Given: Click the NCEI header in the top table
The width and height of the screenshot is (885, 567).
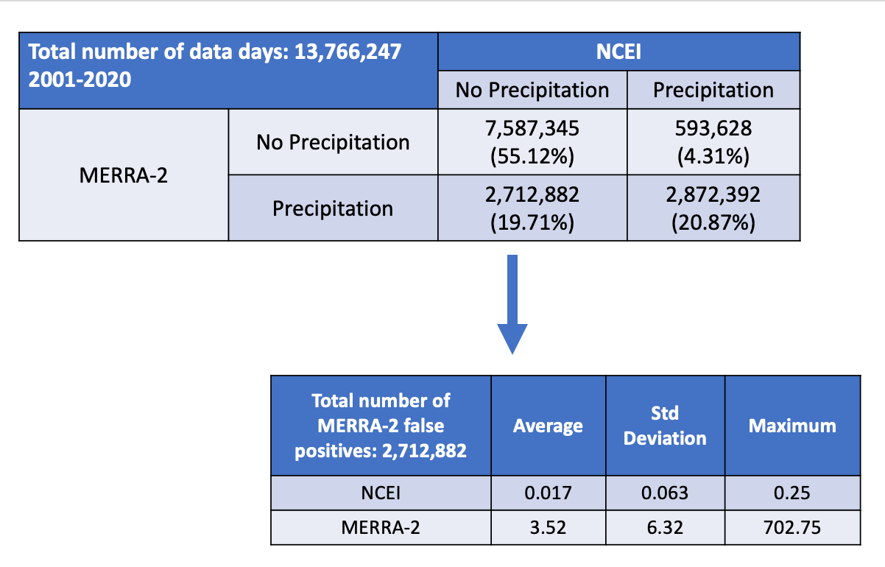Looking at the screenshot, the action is pos(618,52).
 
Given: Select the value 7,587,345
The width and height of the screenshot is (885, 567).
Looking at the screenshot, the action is pos(532,128).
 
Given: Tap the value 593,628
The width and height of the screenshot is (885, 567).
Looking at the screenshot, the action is pos(713,128).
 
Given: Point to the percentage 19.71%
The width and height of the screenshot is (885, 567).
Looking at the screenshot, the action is pos(532,222).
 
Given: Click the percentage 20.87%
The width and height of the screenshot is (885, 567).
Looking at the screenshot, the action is pos(713,222).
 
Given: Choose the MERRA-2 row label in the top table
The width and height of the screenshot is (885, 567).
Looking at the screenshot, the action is pos(123,175).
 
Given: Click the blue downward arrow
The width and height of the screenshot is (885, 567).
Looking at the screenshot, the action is pos(512,304).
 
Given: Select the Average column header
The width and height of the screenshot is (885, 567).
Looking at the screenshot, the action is pos(548,426).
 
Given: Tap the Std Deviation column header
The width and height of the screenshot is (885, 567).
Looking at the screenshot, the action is pos(665,426).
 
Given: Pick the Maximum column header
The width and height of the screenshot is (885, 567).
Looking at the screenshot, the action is pos(792,426).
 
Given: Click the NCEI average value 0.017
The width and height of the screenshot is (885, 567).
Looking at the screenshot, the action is pos(548,493).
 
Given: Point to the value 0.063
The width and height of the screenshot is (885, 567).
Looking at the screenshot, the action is pos(665,493).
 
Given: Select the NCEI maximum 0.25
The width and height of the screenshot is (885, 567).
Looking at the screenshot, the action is pos(791,493).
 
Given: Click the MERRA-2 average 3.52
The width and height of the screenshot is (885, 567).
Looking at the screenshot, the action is pos(548,527).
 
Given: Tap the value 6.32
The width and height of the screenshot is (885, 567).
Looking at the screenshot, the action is pos(665,527).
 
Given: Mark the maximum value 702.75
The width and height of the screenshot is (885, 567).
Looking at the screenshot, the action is pos(791,527).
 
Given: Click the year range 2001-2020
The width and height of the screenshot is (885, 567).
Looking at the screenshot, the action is pos(80,80).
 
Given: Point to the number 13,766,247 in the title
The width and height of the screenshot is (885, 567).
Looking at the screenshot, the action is pos(348,52).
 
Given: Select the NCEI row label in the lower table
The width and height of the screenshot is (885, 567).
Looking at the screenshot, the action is pos(381,493).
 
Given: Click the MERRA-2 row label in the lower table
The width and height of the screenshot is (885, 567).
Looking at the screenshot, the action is pos(381,527).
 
